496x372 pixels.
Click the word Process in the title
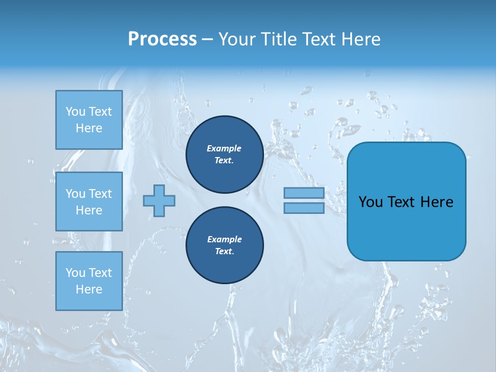(x=162, y=39)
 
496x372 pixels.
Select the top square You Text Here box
(x=89, y=120)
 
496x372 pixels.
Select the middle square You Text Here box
(x=89, y=202)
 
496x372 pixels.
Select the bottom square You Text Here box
(x=89, y=281)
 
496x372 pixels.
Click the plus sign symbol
(x=159, y=200)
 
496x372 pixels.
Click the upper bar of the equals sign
(x=304, y=193)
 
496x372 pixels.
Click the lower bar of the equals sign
(x=304, y=208)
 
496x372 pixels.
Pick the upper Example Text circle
(x=224, y=154)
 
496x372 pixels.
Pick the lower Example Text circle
(x=224, y=245)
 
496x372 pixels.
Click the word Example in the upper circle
(x=224, y=148)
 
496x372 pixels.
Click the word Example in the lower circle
(x=224, y=239)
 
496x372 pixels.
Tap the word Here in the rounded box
(x=437, y=202)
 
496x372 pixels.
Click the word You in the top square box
(x=75, y=112)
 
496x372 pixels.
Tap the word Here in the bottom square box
(x=89, y=289)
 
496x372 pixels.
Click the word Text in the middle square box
(x=100, y=194)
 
